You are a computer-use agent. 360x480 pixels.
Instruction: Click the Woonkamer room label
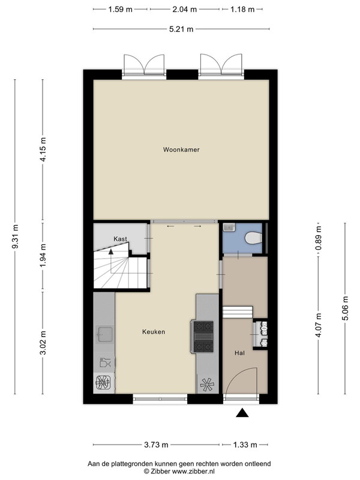click(x=181, y=149)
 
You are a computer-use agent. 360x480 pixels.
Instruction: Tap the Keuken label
click(x=154, y=332)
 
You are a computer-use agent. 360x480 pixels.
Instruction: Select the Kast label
click(x=121, y=239)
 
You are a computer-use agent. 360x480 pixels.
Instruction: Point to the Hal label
click(x=239, y=353)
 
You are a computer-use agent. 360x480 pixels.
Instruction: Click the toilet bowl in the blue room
click(x=253, y=238)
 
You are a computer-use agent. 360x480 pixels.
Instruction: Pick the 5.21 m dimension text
click(x=181, y=29)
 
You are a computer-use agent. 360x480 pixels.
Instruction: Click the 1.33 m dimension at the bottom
click(x=245, y=445)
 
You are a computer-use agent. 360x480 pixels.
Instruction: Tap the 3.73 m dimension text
click(x=156, y=445)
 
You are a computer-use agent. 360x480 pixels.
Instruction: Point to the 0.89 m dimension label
click(x=319, y=238)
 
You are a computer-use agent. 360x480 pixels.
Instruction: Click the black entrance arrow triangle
click(x=242, y=413)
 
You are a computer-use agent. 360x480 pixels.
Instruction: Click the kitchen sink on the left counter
click(x=104, y=334)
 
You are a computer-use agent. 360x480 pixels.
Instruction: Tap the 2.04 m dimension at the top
click(x=185, y=10)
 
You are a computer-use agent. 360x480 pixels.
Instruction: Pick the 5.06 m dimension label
click(x=346, y=308)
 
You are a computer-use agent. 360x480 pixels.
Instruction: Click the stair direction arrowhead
click(x=110, y=251)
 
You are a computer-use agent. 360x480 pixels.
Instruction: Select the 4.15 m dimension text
click(x=43, y=149)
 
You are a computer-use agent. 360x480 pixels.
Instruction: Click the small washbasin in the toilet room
click(x=228, y=227)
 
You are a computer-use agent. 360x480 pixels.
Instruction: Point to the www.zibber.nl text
click(x=193, y=471)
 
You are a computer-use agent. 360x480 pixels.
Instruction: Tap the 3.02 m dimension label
click(x=43, y=343)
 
